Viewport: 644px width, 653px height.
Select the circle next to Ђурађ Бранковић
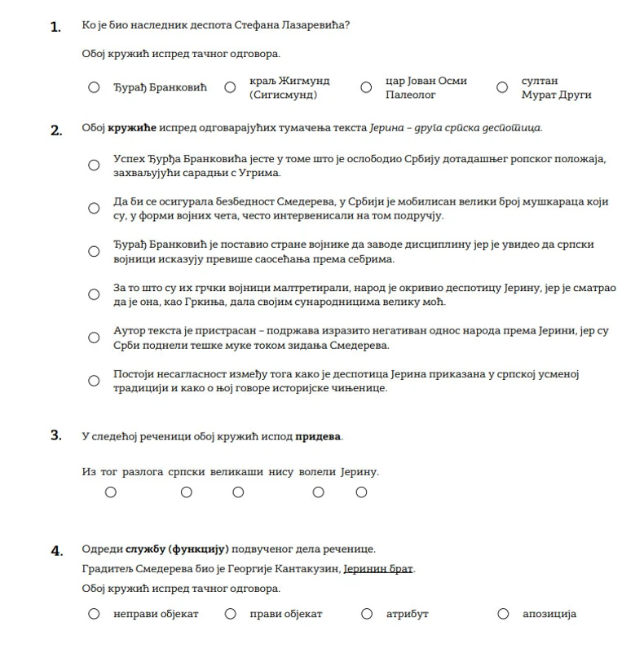pyautogui.click(x=95, y=87)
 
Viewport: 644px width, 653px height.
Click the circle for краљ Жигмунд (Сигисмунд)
pyautogui.click(x=231, y=87)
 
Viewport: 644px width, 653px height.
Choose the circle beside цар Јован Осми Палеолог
pyautogui.click(x=367, y=87)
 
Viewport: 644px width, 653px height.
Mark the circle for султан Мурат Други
pyautogui.click(x=502, y=87)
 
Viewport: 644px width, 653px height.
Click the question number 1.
pyautogui.click(x=55, y=27)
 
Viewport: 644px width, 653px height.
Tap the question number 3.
pyautogui.click(x=55, y=435)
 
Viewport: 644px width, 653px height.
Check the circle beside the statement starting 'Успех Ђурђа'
pyautogui.click(x=95, y=165)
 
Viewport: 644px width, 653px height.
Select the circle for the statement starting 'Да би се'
pyautogui.click(x=95, y=208)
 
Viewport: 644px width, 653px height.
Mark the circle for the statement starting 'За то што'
pyautogui.click(x=95, y=294)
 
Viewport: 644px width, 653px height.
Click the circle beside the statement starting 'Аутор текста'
pyautogui.click(x=95, y=338)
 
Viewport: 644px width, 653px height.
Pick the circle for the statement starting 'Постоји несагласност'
pyautogui.click(x=95, y=381)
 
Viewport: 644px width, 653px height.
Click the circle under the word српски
pyautogui.click(x=187, y=492)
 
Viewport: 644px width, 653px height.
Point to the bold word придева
pyautogui.click(x=318, y=436)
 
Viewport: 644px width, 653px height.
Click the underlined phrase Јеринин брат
pyautogui.click(x=378, y=568)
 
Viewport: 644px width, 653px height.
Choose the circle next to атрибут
pyautogui.click(x=367, y=614)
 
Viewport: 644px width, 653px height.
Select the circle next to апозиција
pyautogui.click(x=503, y=614)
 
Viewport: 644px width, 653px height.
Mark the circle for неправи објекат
pyautogui.click(x=95, y=614)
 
